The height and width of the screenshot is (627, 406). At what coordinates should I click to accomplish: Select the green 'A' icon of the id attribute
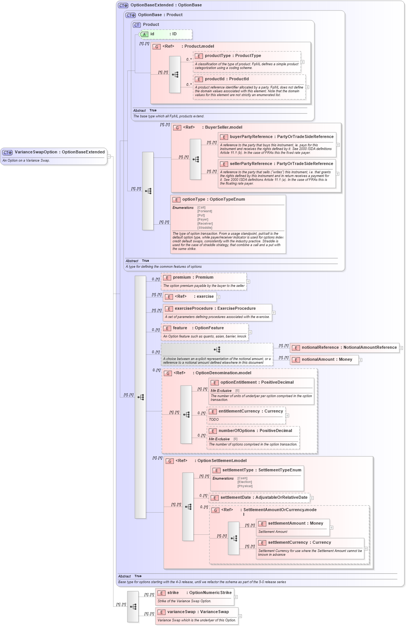[144, 34]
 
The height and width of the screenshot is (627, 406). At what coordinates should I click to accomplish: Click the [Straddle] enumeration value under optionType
[205, 228]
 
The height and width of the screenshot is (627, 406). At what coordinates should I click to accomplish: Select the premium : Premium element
[193, 277]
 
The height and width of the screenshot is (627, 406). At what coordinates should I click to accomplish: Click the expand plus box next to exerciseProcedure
[273, 313]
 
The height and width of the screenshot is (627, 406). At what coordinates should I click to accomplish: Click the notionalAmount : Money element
[327, 360]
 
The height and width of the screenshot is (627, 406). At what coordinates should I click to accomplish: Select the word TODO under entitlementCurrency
[214, 420]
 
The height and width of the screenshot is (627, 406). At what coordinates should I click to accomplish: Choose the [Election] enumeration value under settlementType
[245, 482]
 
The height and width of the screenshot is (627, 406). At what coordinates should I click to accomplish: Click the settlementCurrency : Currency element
[299, 543]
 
